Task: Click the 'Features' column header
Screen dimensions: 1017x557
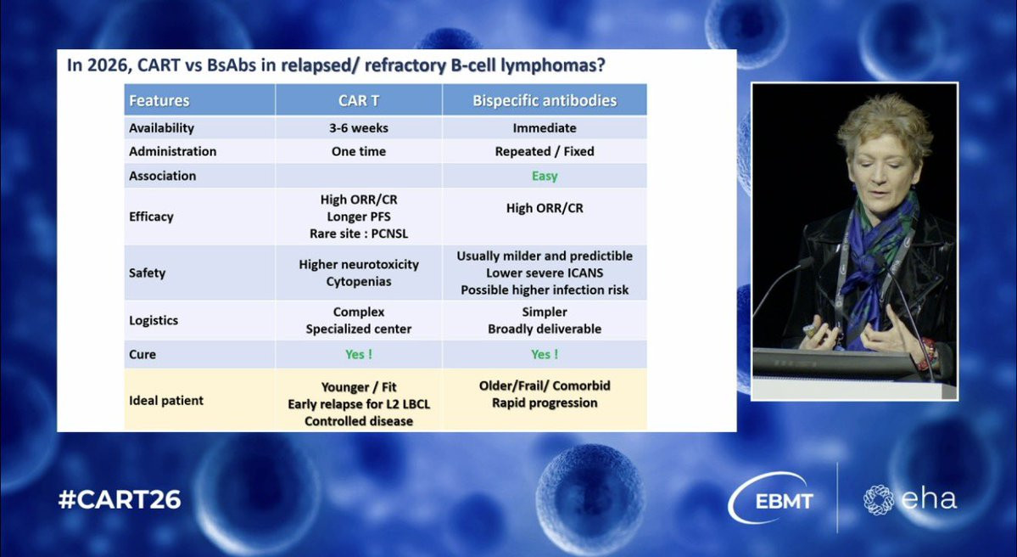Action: [159, 101]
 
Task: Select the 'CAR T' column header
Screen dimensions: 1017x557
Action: [359, 101]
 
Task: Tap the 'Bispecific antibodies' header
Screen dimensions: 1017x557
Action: [545, 101]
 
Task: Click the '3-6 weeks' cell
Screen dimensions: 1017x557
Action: [359, 128]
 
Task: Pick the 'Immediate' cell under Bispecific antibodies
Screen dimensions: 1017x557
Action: [545, 128]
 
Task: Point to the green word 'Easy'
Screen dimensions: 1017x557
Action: [545, 176]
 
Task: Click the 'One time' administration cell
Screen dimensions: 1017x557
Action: [359, 151]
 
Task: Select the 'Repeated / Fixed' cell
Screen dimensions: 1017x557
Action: [545, 151]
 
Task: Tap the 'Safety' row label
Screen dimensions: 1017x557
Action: [148, 273]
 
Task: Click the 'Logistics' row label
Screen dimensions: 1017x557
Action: [153, 320]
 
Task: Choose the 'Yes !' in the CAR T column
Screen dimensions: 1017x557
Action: [359, 354]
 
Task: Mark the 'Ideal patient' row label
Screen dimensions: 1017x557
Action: [166, 401]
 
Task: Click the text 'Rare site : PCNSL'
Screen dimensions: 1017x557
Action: [359, 233]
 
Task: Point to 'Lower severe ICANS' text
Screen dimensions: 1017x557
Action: [545, 273]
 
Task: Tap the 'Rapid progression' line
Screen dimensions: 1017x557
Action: [545, 402]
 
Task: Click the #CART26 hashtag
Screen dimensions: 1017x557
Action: [120, 499]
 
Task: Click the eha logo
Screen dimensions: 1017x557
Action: [909, 499]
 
